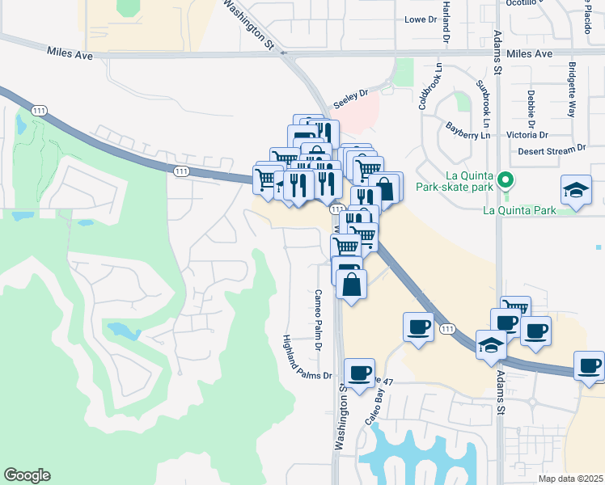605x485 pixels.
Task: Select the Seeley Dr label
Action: (350, 93)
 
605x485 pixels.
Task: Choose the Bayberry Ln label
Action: (468, 130)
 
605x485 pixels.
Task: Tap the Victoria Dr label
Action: (526, 134)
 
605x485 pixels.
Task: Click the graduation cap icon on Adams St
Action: (491, 345)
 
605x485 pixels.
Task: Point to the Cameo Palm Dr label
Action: (319, 319)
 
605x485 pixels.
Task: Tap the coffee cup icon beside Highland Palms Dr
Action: (360, 373)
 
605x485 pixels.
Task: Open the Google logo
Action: (27, 475)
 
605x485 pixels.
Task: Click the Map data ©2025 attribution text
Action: (570, 479)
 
